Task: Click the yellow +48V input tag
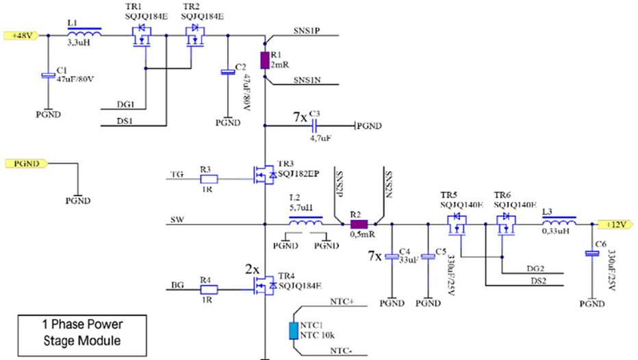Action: point(17,34)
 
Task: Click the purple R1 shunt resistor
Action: point(265,61)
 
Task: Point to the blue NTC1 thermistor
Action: point(292,331)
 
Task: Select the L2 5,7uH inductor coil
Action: point(306,222)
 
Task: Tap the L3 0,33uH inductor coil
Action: point(558,222)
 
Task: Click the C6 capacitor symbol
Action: point(592,254)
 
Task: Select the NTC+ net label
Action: point(342,301)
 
